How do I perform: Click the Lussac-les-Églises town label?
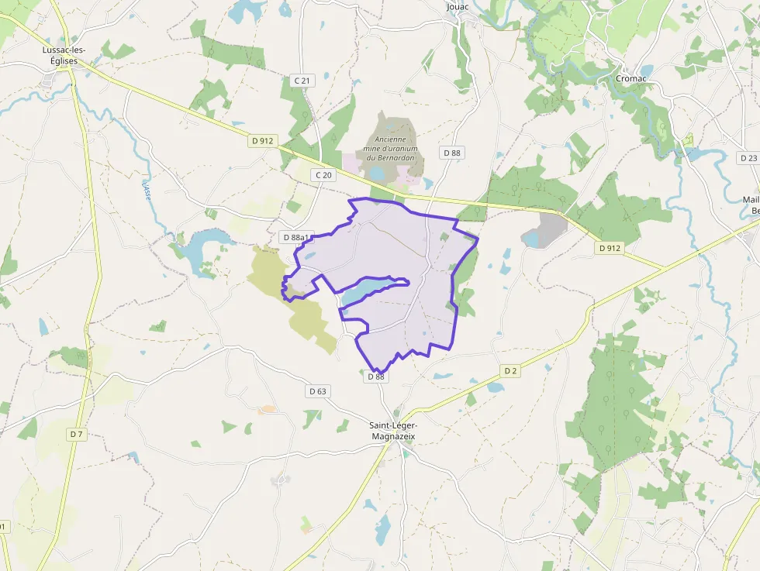point(64,55)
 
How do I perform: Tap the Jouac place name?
point(458,7)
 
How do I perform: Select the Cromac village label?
point(630,78)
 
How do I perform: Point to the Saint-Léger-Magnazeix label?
point(393,431)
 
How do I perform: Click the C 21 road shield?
point(302,81)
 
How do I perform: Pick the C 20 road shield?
point(323,175)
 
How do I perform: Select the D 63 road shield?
point(317,391)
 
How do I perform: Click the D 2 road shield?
point(510,371)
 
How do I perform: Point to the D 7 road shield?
point(75,435)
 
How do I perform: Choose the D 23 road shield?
point(748,158)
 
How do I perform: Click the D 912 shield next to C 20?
point(262,141)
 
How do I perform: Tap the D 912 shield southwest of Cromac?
point(610,248)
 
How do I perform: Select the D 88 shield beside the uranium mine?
point(451,153)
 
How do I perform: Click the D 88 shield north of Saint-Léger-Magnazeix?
point(376,377)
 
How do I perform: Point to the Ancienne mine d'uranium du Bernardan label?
point(392,148)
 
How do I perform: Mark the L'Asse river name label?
point(146,191)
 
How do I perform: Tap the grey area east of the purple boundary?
point(549,229)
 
